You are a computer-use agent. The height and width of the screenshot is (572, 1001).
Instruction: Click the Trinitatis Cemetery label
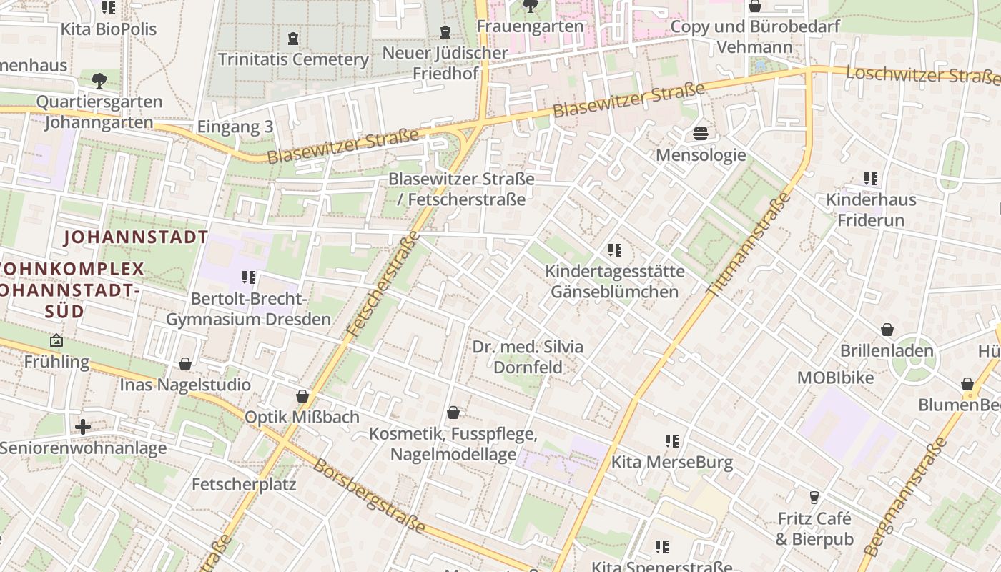pyautogui.click(x=293, y=59)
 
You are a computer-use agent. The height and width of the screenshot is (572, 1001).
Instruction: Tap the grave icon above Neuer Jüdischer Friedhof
pyautogui.click(x=445, y=32)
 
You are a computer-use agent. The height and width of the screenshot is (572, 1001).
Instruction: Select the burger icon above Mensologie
pyautogui.click(x=701, y=134)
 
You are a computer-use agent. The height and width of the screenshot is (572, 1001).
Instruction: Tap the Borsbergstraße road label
pyautogui.click(x=369, y=495)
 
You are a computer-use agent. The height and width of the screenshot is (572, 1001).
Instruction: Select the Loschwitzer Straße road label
pyautogui.click(x=922, y=74)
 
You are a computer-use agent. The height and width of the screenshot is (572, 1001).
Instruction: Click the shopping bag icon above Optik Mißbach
pyautogui.click(x=302, y=396)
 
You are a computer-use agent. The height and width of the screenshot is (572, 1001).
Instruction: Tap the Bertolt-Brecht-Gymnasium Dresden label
pyautogui.click(x=249, y=309)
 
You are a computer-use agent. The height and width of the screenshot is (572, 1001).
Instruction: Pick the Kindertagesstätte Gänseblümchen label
pyautogui.click(x=615, y=282)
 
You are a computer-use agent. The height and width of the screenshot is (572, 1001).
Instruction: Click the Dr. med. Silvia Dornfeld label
pyautogui.click(x=528, y=357)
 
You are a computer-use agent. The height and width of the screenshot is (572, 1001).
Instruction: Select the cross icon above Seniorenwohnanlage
pyautogui.click(x=83, y=427)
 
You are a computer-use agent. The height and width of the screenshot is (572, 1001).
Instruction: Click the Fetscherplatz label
pyautogui.click(x=244, y=484)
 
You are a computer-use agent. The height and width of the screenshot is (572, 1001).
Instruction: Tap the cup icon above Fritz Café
pyautogui.click(x=814, y=497)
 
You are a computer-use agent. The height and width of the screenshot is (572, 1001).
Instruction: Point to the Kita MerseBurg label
pyautogui.click(x=672, y=462)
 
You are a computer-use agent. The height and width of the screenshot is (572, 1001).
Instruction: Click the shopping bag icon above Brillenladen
pyautogui.click(x=887, y=330)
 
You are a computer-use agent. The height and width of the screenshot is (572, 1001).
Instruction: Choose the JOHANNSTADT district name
pyautogui.click(x=136, y=237)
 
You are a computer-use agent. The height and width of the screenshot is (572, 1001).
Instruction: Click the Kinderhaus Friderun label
pyautogui.click(x=870, y=209)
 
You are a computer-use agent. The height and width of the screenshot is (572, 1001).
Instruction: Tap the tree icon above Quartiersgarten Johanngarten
pyautogui.click(x=99, y=79)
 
